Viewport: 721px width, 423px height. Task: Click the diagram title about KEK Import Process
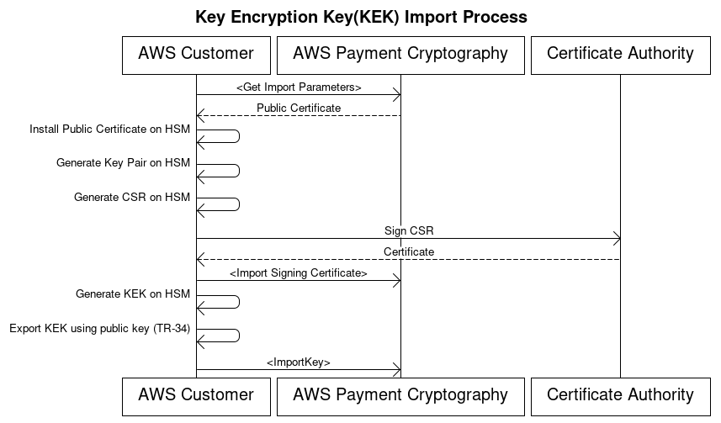pos(361,17)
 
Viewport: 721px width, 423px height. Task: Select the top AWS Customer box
pos(196,55)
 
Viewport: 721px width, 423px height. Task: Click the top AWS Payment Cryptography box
pos(400,55)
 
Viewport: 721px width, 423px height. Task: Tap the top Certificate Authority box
pos(620,55)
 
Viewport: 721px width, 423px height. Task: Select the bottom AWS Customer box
pos(196,395)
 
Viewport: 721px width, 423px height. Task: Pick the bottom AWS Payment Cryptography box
pos(400,395)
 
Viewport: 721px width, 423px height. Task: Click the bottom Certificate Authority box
pos(620,395)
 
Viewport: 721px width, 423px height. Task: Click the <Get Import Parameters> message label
pos(298,87)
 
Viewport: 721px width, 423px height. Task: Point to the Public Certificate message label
pos(299,108)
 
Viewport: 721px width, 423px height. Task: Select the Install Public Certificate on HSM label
pos(109,130)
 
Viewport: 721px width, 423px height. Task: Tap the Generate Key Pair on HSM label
pos(123,163)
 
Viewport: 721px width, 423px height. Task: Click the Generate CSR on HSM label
pos(131,198)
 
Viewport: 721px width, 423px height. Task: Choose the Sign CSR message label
pos(409,230)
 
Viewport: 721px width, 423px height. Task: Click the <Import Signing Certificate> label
pos(298,273)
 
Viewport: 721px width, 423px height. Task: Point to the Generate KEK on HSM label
pos(132,294)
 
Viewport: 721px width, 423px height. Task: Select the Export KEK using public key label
pos(99,329)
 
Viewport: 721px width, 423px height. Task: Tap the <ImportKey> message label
pos(298,362)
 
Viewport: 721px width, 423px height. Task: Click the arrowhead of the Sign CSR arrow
pos(616,239)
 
